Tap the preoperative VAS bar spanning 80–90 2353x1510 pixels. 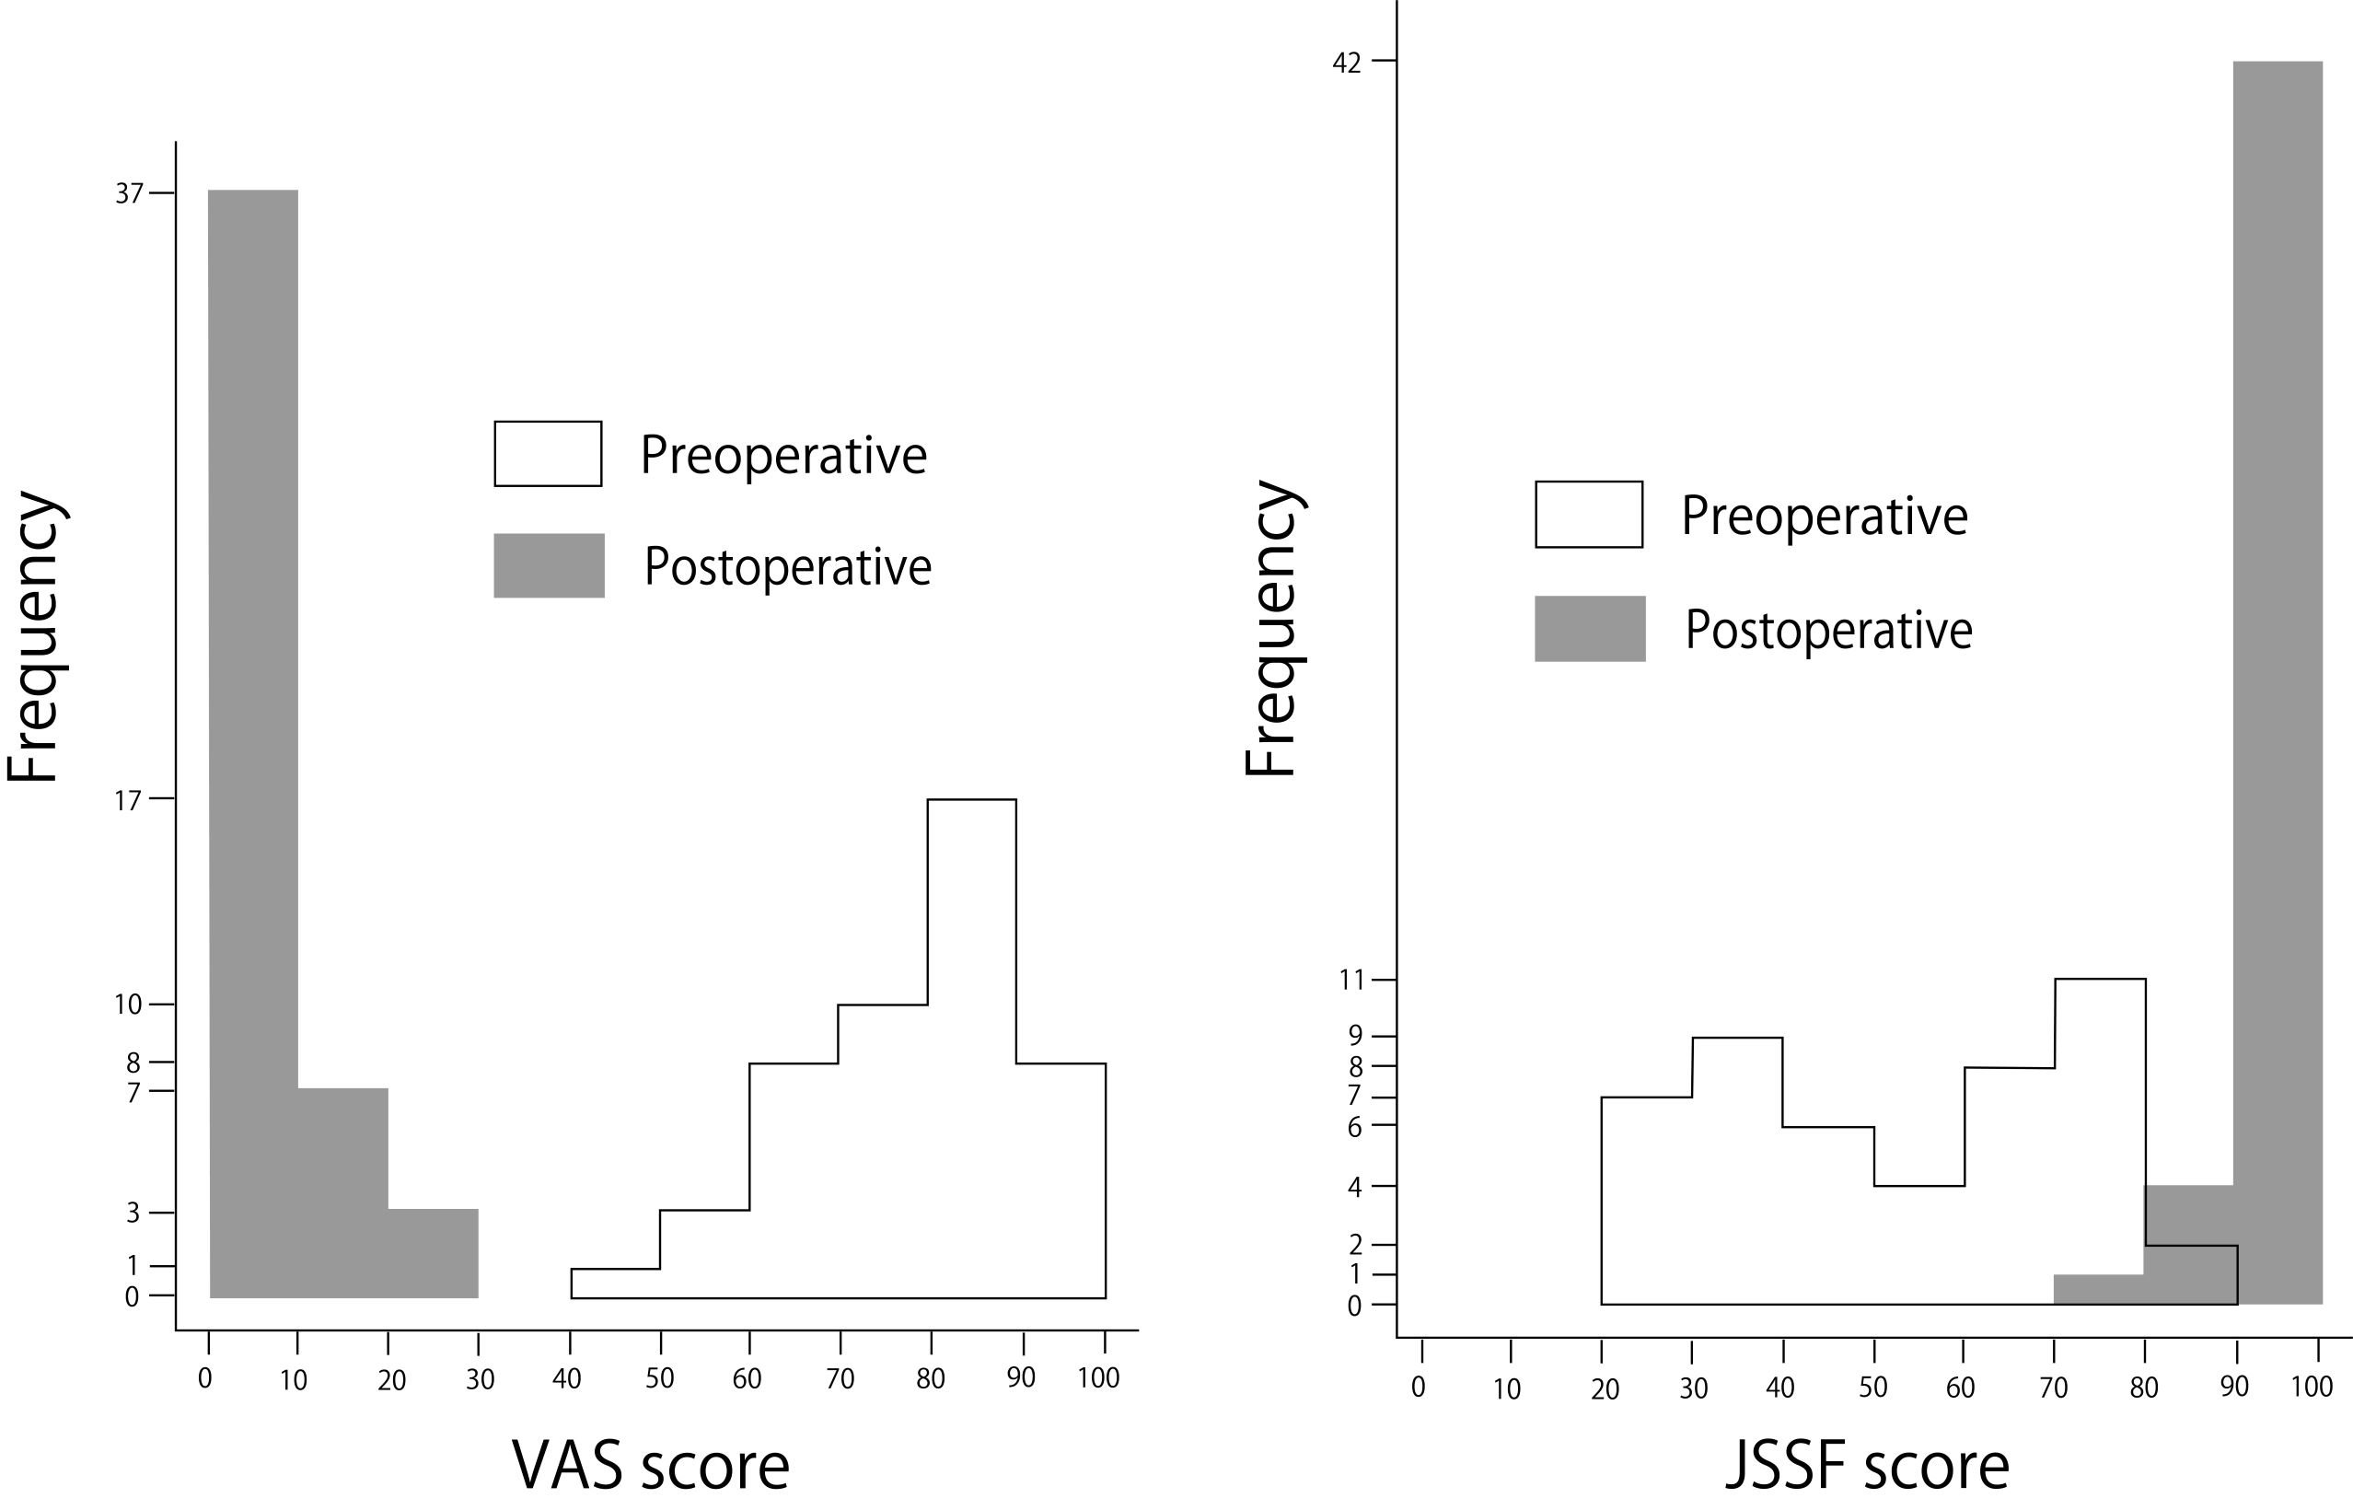(971, 1049)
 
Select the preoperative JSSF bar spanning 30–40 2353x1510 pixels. (1737, 1172)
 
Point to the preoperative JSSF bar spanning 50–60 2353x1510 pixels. (1918, 1245)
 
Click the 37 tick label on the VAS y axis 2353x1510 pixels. (130, 193)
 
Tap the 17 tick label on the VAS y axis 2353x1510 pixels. (129, 800)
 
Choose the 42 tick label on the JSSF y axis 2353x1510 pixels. (1347, 63)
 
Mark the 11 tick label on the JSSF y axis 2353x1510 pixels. (1351, 980)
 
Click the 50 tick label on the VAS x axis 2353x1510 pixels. (660, 1377)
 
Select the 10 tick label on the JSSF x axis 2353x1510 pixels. (1507, 1388)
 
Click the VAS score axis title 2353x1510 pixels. (651, 1467)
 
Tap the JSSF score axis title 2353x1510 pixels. (1867, 1467)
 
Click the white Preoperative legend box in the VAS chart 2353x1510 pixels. (548, 454)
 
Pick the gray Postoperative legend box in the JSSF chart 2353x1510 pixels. (1589, 629)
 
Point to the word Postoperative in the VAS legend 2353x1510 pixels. (787, 567)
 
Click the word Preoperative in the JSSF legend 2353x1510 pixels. (1825, 516)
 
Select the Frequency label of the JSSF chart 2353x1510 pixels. (1271, 629)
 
